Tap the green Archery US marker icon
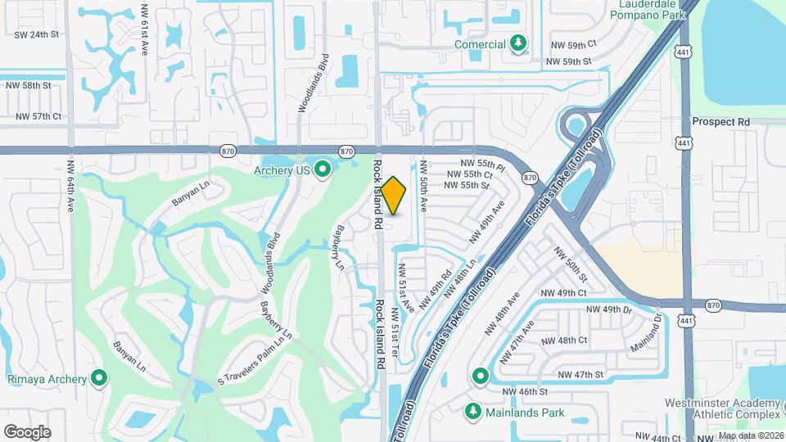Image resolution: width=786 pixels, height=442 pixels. tap(323, 170)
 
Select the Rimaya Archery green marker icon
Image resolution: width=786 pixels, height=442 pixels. tap(100, 377)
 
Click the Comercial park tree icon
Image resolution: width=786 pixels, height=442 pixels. tap(517, 43)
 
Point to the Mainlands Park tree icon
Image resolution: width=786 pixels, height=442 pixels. tap(472, 409)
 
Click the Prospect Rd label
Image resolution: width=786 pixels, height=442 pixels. tap(720, 121)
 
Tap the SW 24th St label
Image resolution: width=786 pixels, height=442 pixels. tap(38, 34)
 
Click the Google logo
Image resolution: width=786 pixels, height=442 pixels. tap(27, 431)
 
